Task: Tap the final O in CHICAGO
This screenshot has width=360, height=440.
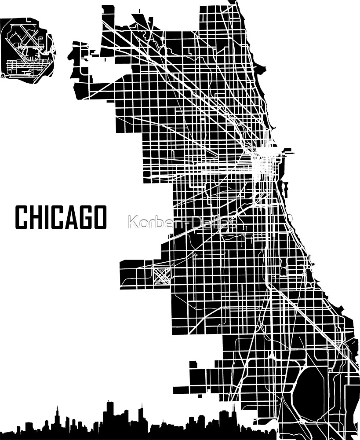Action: (x=100, y=217)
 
